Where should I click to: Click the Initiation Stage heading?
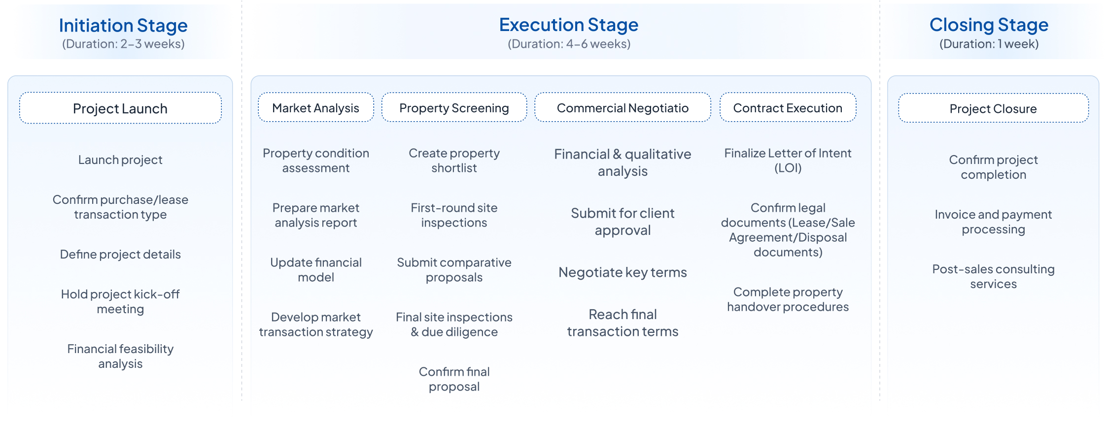click(x=123, y=25)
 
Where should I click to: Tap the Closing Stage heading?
click(x=989, y=25)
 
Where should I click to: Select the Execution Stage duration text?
click(x=569, y=44)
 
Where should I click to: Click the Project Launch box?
click(x=120, y=108)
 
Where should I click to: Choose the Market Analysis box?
click(x=316, y=107)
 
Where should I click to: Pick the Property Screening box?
click(x=454, y=107)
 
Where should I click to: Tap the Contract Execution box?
click(x=788, y=107)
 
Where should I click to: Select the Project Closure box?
click(x=993, y=108)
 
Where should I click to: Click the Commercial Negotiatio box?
click(x=623, y=107)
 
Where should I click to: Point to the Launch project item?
click(x=120, y=160)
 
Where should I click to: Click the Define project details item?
click(x=120, y=254)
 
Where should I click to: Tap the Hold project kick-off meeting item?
click(x=120, y=301)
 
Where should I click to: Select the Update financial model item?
click(x=316, y=270)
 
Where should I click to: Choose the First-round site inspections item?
click(x=454, y=215)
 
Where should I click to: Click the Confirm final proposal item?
click(x=454, y=379)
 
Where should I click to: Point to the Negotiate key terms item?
click(x=623, y=272)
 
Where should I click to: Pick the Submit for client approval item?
click(x=623, y=222)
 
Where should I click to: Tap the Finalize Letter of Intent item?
click(x=788, y=161)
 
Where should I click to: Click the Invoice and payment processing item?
click(x=993, y=222)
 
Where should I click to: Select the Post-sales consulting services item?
click(x=993, y=276)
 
